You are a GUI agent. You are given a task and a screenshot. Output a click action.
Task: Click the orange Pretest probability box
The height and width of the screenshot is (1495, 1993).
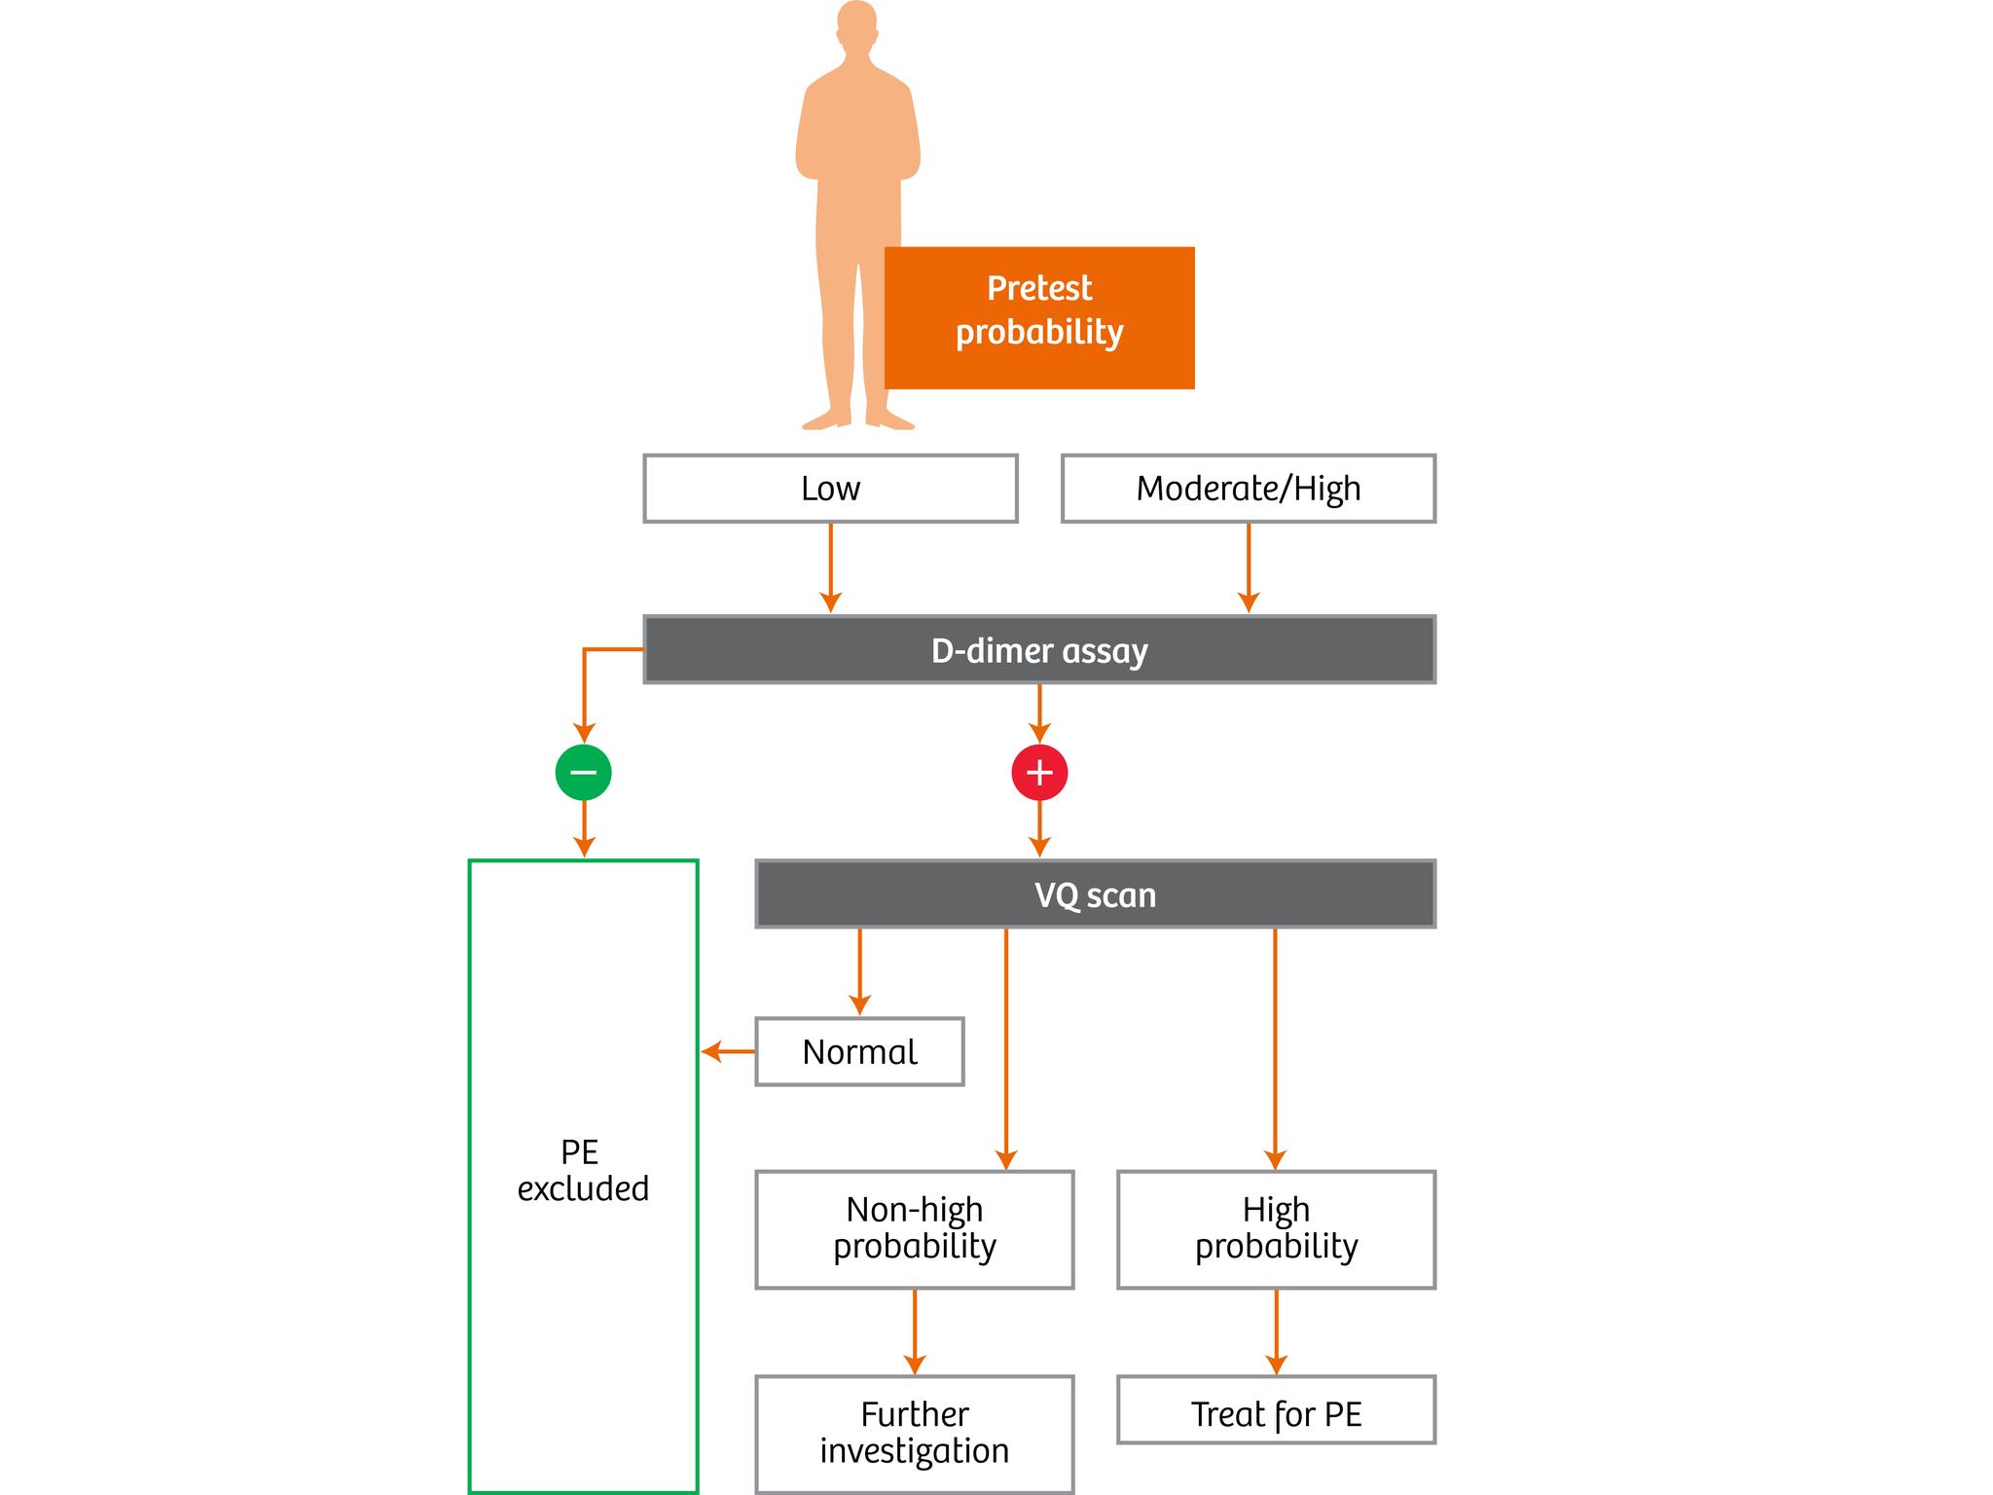1039,317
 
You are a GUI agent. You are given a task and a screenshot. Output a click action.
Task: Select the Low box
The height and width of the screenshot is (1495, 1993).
830,489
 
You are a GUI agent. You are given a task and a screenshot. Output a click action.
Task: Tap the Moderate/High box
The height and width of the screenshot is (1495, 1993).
1248,489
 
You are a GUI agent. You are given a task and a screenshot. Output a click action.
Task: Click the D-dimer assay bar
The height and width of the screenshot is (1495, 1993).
1039,650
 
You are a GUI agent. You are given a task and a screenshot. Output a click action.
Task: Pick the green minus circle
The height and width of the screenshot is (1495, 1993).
583,773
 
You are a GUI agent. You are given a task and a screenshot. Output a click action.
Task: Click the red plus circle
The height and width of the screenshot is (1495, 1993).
1039,773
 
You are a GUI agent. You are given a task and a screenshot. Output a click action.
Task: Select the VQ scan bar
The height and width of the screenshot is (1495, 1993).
1095,893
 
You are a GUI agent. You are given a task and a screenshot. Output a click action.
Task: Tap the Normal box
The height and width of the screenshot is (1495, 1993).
859,1051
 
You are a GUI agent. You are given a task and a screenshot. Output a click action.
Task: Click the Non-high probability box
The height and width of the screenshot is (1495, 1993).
914,1228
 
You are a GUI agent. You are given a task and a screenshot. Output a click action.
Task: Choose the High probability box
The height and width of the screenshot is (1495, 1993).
1276,1228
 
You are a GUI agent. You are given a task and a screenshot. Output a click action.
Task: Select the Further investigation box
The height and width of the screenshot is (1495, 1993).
914,1433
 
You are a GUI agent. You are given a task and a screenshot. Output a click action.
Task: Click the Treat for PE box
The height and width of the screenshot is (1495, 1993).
1276,1409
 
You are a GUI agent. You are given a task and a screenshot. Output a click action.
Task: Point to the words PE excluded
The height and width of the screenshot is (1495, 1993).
583,1170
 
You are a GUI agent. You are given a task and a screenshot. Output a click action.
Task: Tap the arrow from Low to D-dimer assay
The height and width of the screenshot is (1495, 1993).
830,569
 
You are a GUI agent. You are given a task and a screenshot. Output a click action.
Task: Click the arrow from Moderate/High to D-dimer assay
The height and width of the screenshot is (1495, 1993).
1249,569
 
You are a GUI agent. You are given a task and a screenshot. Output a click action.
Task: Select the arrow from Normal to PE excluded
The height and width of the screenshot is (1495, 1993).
728,1051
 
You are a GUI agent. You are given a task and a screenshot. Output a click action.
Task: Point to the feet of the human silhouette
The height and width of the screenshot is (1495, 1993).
857,420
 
